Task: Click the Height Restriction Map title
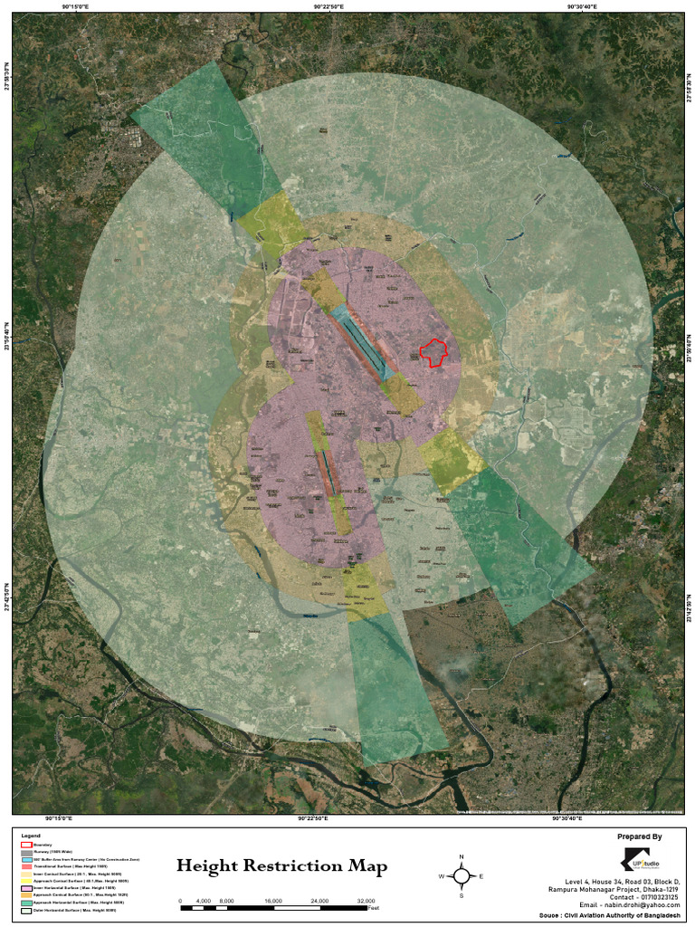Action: [281, 866]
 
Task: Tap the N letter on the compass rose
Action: [462, 856]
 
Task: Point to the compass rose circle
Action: [462, 875]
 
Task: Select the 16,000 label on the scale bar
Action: [273, 901]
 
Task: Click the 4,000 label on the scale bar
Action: [204, 901]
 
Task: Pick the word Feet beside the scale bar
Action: [373, 907]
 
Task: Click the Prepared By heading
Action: [639, 837]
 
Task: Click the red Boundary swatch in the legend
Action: [25, 844]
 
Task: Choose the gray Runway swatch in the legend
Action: [25, 852]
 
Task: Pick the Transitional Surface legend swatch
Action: [25, 866]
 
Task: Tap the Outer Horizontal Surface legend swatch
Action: [25, 911]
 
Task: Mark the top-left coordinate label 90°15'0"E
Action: [75, 6]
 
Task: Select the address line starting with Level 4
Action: [623, 881]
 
